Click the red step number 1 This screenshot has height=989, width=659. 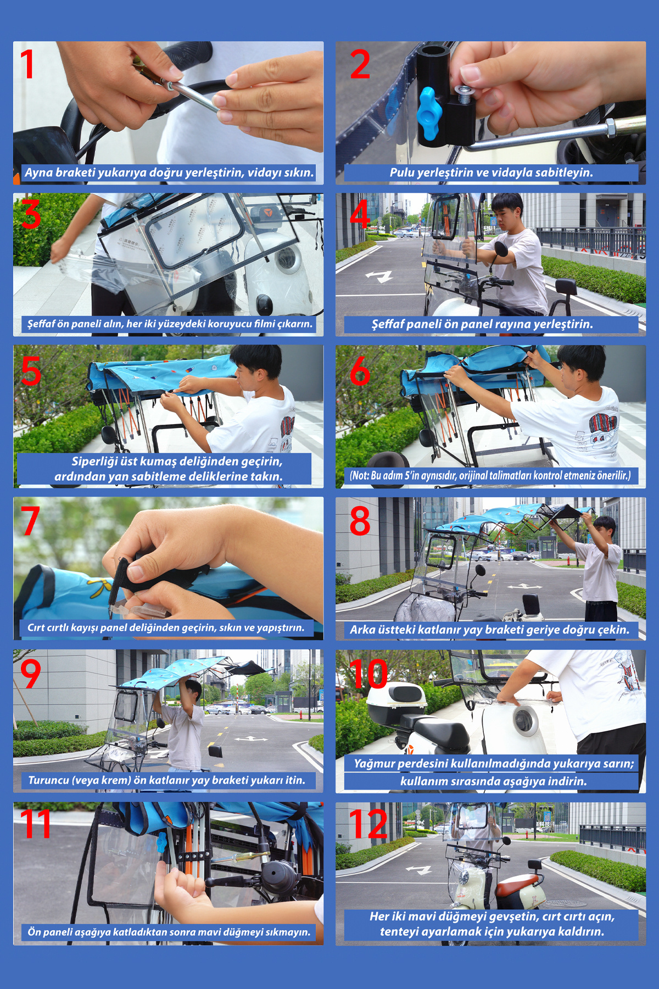[x=27, y=64]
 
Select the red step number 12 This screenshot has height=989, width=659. [x=369, y=824]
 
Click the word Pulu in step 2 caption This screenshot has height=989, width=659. [x=402, y=173]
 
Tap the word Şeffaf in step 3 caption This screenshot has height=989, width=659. [x=42, y=324]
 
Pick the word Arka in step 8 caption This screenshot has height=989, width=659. [x=362, y=630]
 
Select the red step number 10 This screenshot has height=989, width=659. [x=368, y=673]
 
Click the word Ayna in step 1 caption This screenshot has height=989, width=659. [x=38, y=173]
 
